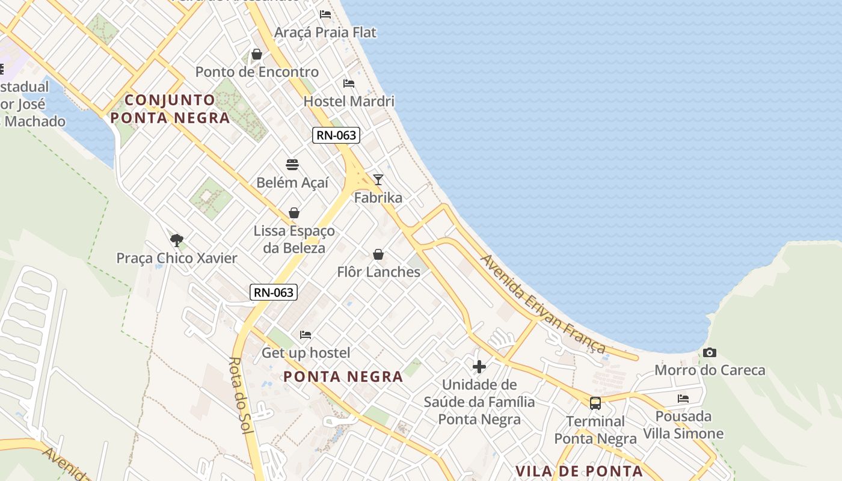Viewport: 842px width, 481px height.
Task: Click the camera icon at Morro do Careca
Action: pos(710,353)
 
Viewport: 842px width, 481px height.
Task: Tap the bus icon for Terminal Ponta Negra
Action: pos(595,403)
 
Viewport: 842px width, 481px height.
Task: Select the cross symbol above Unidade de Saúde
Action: pos(479,367)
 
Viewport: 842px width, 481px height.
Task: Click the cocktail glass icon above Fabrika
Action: pos(378,180)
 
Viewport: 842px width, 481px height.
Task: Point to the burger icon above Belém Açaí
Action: pos(292,165)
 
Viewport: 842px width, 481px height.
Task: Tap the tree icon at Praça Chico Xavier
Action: pos(176,240)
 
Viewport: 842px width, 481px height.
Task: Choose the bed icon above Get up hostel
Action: pos(306,335)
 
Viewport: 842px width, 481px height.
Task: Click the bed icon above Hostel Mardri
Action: pos(349,84)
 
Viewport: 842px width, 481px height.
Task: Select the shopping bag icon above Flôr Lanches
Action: pos(378,255)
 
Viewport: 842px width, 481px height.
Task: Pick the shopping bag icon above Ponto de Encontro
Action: pos(257,55)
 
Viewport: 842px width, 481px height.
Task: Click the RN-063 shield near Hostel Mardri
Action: pos(336,135)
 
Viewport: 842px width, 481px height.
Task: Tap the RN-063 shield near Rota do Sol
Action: pos(274,293)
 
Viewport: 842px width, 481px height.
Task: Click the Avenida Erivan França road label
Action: pos(542,304)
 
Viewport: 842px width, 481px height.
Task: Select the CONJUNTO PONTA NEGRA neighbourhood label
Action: pos(170,109)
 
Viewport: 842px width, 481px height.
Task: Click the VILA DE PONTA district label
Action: pos(579,471)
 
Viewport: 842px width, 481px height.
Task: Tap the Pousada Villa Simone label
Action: pos(683,425)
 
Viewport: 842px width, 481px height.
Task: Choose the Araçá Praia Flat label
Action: pos(325,32)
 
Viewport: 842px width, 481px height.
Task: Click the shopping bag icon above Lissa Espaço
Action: pos(294,213)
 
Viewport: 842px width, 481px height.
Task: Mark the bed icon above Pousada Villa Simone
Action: pos(683,399)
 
